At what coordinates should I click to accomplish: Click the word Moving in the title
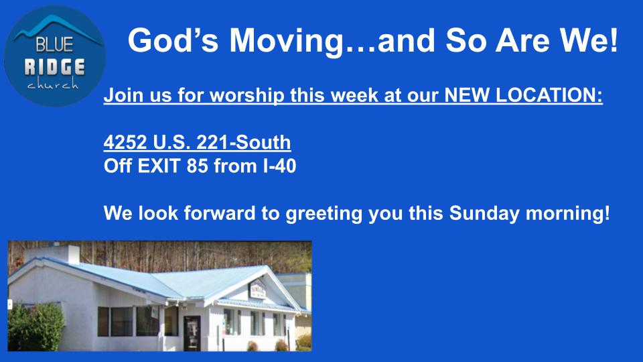[287, 41]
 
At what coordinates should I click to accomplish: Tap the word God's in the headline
[173, 40]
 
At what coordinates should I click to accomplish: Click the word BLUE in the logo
[54, 44]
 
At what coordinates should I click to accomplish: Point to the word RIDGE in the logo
[54, 67]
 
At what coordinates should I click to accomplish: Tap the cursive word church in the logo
[53, 84]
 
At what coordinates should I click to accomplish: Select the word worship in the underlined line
[247, 96]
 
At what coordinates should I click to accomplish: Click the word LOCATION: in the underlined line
[549, 95]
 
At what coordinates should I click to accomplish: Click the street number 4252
[125, 142]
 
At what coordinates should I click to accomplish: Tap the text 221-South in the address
[244, 142]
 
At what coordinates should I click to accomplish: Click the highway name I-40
[279, 166]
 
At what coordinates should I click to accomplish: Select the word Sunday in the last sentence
[484, 214]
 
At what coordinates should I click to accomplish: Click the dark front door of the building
[192, 333]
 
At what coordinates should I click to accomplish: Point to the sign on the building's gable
[257, 290]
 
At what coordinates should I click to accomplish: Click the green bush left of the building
[36, 326]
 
